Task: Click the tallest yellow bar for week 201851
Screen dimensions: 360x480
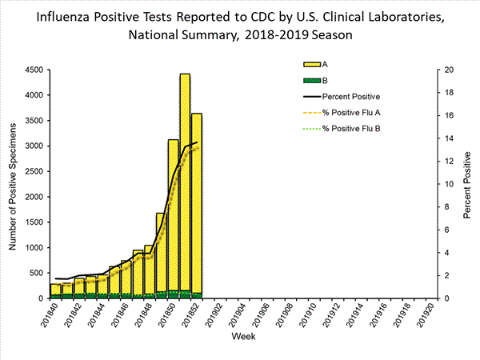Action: click(x=185, y=184)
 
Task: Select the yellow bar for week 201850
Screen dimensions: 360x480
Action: click(x=173, y=216)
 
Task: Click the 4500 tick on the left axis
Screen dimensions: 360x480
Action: click(x=33, y=70)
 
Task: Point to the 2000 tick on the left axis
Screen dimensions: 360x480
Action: click(x=33, y=197)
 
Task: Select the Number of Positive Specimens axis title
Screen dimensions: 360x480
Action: click(x=14, y=184)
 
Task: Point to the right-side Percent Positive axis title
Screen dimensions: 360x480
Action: click(x=466, y=184)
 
